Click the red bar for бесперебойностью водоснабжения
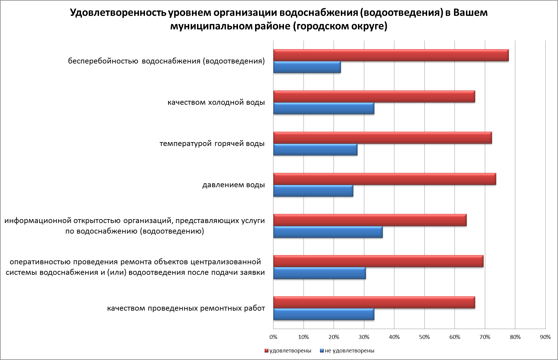391,55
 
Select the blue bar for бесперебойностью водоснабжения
307,67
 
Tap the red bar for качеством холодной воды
374,97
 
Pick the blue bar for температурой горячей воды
315,150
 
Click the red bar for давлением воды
384,179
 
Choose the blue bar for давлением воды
313,191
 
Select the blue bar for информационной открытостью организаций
328,232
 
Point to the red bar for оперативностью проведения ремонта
378,261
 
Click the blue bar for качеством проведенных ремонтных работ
324,314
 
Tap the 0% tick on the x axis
273,337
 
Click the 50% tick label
424,337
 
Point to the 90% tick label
545,337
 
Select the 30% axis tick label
364,337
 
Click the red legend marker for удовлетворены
266,351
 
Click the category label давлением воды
233,185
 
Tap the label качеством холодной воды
216,102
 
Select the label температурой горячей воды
212,144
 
